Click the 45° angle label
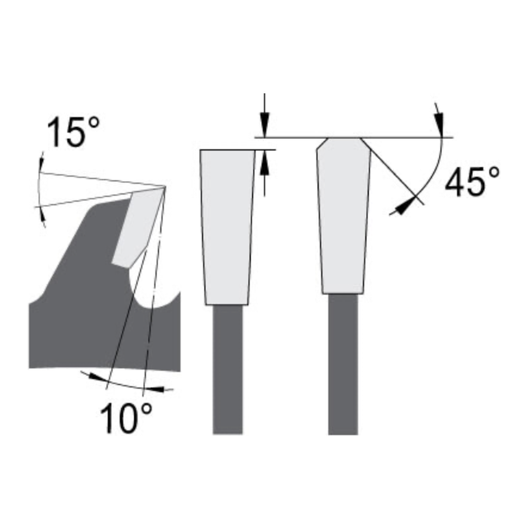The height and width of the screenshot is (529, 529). point(472,182)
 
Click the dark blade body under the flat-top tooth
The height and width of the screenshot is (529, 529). point(227,370)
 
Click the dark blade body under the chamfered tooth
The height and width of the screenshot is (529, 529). point(343,365)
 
